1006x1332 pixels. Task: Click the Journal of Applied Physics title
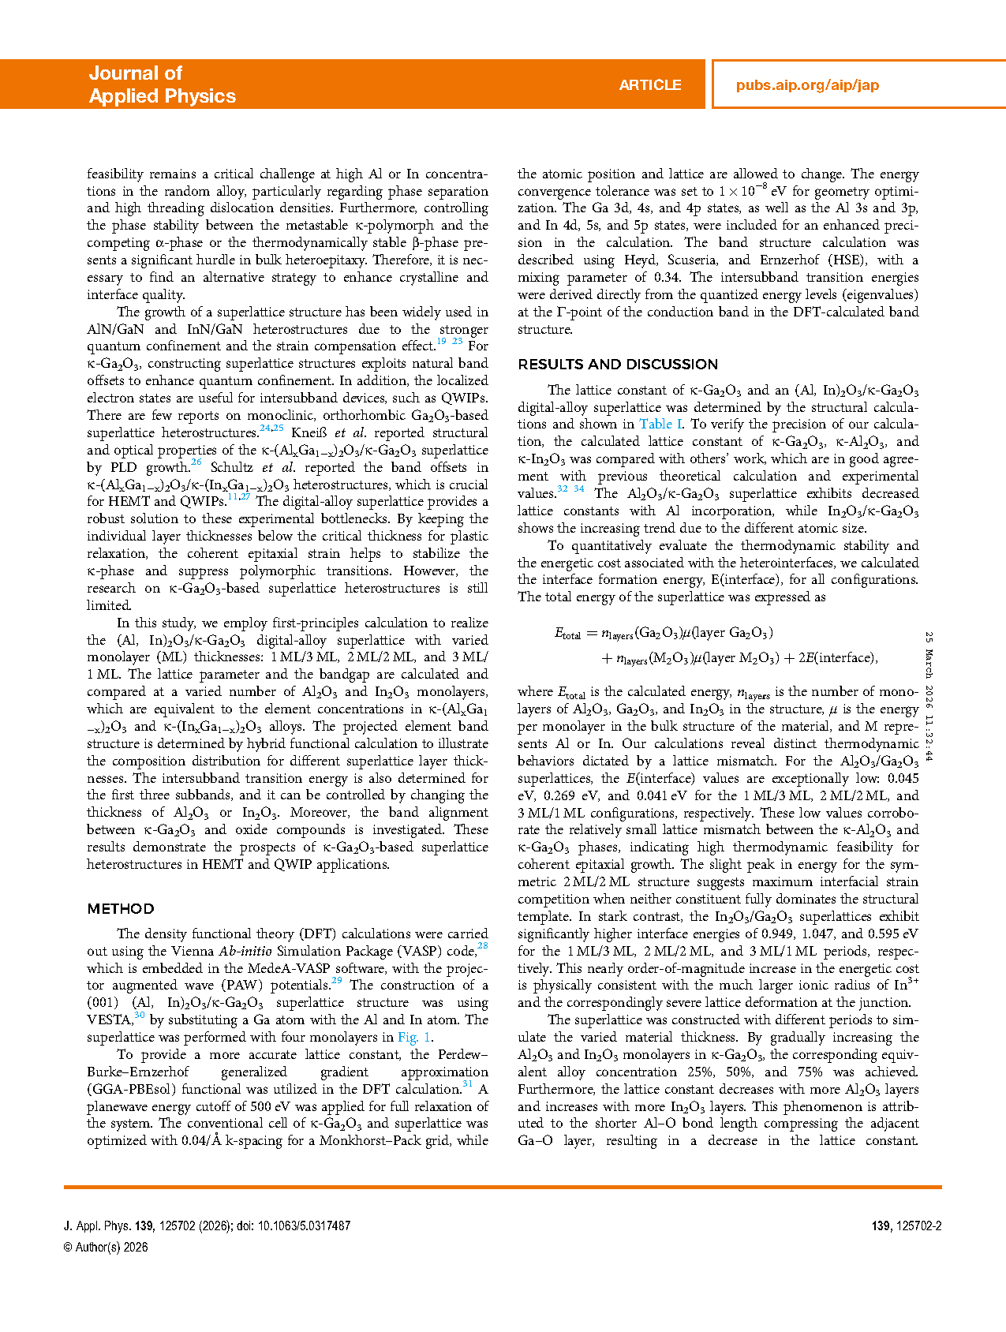(x=162, y=84)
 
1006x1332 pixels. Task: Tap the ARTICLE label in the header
(x=649, y=85)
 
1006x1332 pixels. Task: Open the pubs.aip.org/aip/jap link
(x=807, y=85)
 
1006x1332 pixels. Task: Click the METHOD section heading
(x=121, y=909)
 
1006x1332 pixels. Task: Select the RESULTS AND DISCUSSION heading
(x=618, y=365)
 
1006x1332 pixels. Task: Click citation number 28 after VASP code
(x=483, y=946)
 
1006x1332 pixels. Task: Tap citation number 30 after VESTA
(x=140, y=1016)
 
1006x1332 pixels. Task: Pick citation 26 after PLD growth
(x=196, y=463)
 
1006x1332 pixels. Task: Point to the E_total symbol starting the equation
(x=567, y=634)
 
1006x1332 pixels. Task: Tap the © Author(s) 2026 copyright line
(x=106, y=1248)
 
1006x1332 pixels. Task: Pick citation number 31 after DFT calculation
(x=467, y=1085)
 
